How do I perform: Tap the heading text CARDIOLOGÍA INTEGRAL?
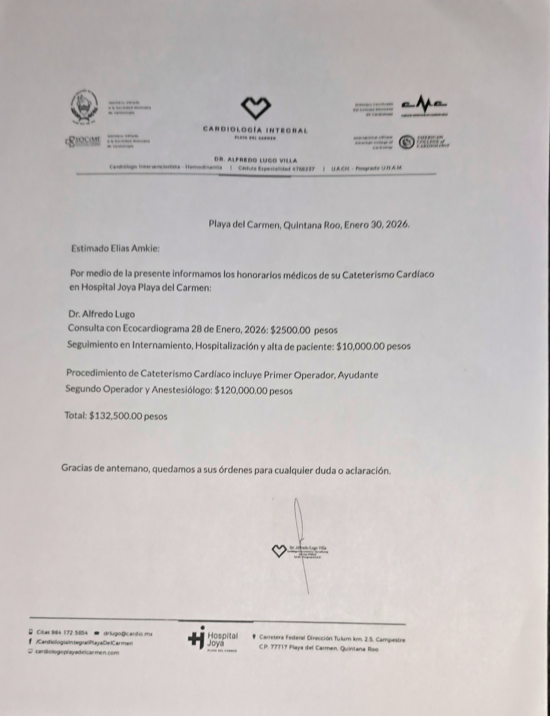(x=255, y=131)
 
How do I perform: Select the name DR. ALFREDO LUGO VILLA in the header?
(x=256, y=160)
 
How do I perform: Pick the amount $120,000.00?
(x=241, y=391)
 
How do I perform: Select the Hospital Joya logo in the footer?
(x=213, y=641)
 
